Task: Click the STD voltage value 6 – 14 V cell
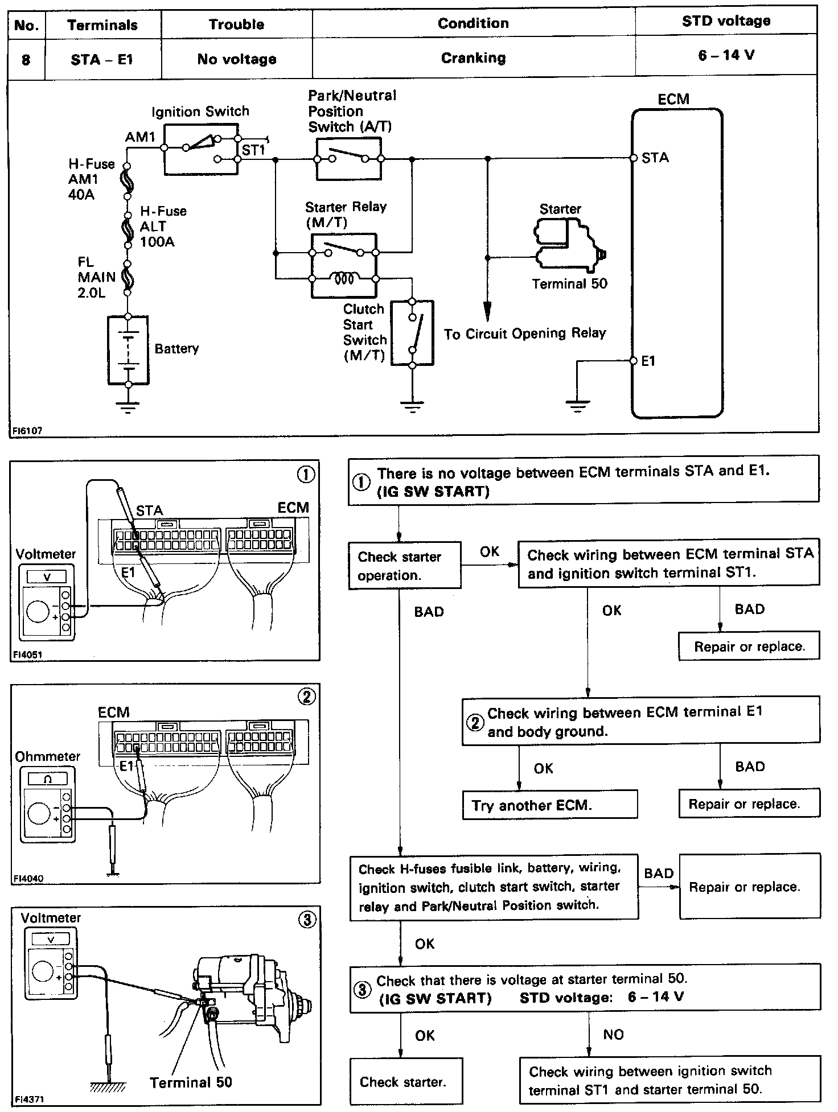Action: click(x=726, y=55)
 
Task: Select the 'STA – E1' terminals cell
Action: click(x=102, y=59)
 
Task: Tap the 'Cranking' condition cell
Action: click(x=473, y=58)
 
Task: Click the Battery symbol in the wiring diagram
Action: click(x=128, y=350)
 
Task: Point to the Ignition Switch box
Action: click(x=200, y=150)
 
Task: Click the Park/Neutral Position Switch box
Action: click(x=349, y=159)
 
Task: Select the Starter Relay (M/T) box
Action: click(x=343, y=265)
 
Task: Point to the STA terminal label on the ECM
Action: click(x=655, y=158)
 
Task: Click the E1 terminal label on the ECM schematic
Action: click(x=648, y=361)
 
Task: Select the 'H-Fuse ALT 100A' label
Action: click(x=162, y=226)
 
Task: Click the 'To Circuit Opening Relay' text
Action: click(x=524, y=333)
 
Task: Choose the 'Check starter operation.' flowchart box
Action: click(x=404, y=565)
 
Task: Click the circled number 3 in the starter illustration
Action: click(x=307, y=920)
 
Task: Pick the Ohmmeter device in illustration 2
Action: click(x=47, y=804)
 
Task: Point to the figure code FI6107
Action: click(x=27, y=431)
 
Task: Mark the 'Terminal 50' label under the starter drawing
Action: click(x=191, y=1082)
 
